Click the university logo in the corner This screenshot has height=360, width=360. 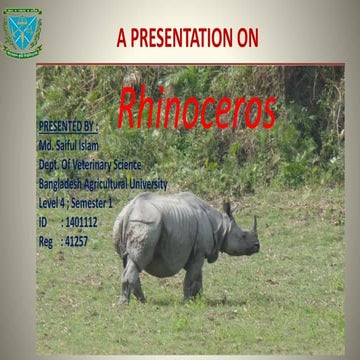22,31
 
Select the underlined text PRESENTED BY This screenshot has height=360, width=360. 67,127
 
